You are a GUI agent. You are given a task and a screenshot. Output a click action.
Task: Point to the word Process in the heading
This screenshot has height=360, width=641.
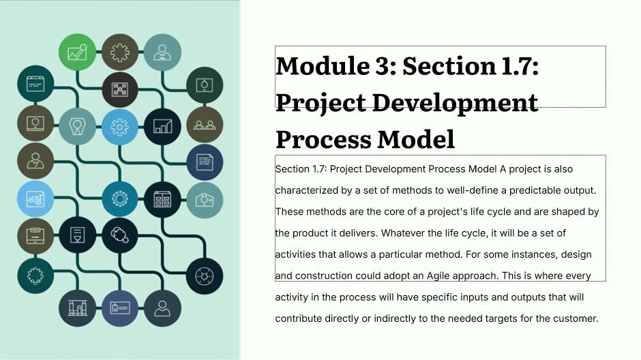(324, 139)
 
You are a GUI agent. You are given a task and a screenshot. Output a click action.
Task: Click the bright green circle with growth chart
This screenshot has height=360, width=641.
(77, 52)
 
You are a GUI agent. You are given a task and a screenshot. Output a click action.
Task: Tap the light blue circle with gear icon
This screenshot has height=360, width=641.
(120, 127)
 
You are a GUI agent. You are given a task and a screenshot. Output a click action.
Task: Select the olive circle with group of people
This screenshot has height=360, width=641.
(205, 124)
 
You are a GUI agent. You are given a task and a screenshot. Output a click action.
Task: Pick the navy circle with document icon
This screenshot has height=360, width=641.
(205, 162)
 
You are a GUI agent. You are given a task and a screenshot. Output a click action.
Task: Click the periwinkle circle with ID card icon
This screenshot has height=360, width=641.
(120, 308)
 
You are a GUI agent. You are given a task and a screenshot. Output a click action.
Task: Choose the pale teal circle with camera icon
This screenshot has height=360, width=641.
(205, 200)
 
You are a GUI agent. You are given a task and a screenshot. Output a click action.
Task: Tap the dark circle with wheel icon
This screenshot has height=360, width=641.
(205, 276)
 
